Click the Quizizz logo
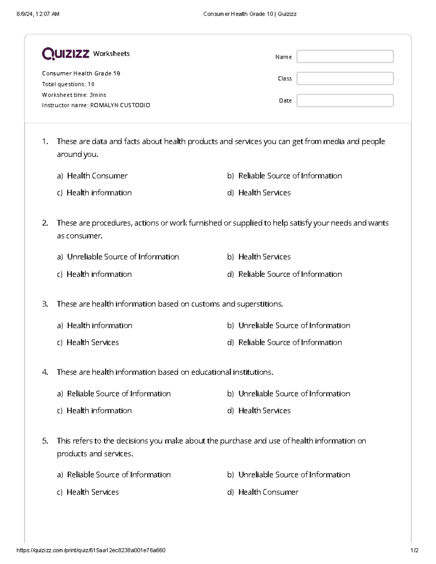[x=65, y=54]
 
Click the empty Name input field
[x=345, y=57]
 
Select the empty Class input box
[x=345, y=78]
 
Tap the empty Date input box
[x=345, y=101]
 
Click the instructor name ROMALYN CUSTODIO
[x=120, y=105]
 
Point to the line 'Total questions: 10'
[x=68, y=84]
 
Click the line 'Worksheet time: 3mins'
[x=74, y=95]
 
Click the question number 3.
[x=45, y=304]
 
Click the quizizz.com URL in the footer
[x=91, y=550]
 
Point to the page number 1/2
[x=414, y=550]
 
